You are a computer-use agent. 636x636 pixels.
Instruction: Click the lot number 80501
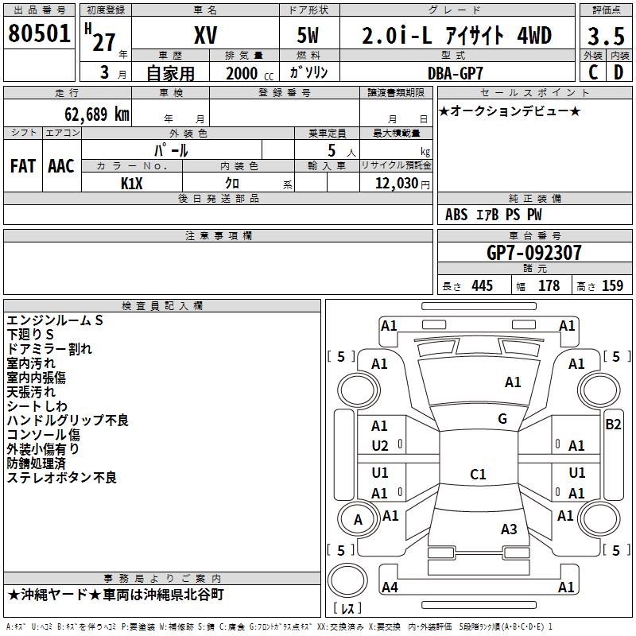(x=39, y=33)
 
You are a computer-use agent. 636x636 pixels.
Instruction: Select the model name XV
(x=206, y=35)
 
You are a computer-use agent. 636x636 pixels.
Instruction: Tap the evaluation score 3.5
(x=606, y=37)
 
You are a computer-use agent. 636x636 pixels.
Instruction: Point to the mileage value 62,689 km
(x=97, y=114)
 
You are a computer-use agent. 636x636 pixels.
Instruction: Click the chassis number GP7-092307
(x=533, y=253)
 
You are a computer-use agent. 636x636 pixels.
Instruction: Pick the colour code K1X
(x=132, y=184)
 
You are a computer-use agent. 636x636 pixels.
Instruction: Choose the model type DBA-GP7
(x=456, y=73)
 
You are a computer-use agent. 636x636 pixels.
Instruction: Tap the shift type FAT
(x=23, y=166)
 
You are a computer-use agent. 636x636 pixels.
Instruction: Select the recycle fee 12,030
(x=397, y=183)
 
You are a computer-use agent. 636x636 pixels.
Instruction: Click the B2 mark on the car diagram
(x=613, y=425)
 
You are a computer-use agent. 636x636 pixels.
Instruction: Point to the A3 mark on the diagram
(x=509, y=529)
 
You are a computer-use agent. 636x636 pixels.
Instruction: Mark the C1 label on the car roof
(x=478, y=474)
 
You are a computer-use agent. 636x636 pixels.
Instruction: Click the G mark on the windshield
(x=502, y=419)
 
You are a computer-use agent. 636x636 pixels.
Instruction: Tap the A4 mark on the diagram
(x=390, y=587)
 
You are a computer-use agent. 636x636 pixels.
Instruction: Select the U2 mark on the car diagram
(x=380, y=446)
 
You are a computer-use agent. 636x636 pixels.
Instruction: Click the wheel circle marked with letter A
(x=359, y=519)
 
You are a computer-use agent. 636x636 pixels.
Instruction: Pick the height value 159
(x=612, y=285)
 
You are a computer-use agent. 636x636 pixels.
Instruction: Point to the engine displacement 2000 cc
(x=250, y=73)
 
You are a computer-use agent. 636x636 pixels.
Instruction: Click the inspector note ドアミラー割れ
(x=49, y=349)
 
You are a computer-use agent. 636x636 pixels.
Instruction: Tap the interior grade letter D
(x=619, y=72)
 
